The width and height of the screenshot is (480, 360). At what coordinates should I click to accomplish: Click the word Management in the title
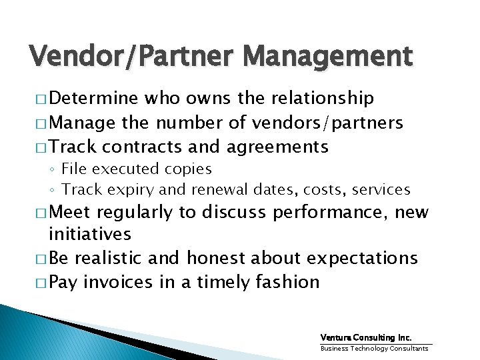327,57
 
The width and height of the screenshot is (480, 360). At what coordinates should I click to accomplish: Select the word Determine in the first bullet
93,99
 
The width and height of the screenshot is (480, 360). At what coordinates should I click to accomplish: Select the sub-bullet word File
74,169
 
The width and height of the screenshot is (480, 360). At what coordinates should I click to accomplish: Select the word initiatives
90,234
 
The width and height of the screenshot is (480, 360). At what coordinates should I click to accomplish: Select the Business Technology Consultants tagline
375,348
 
